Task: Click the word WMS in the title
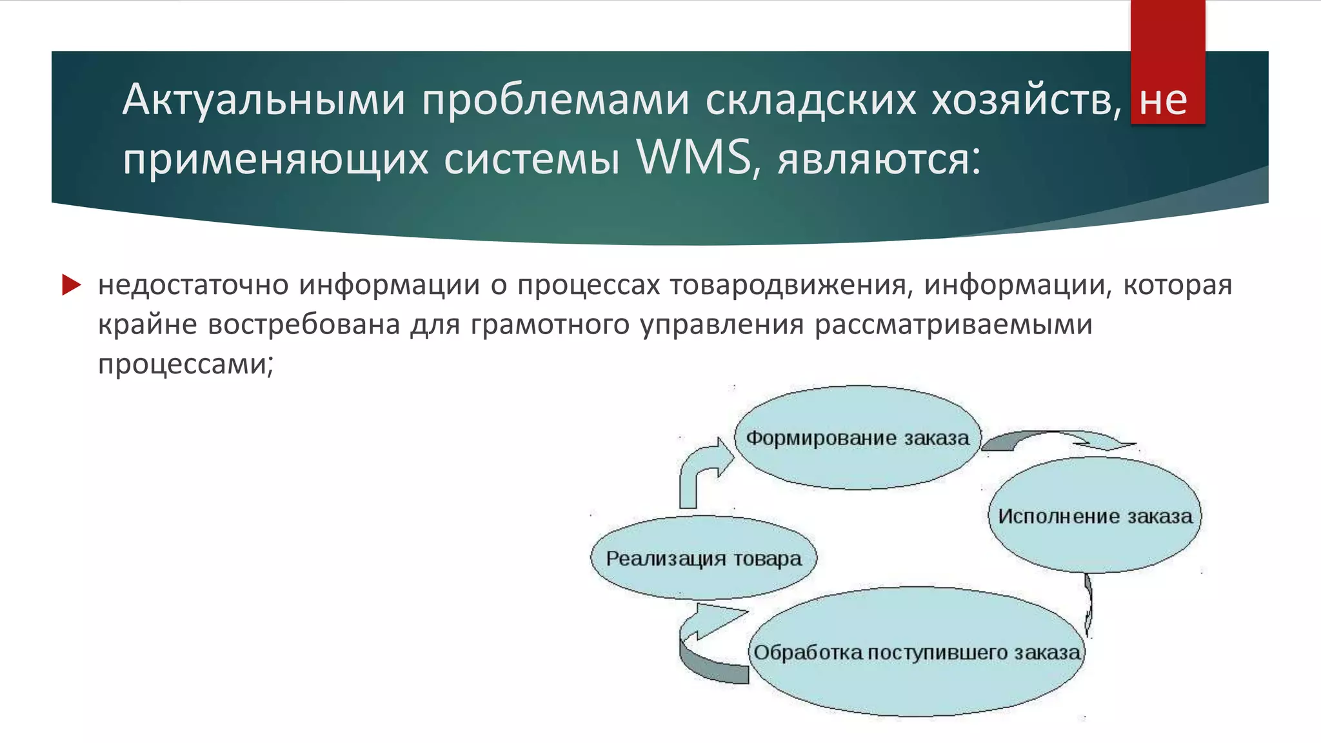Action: click(x=693, y=157)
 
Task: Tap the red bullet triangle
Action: click(x=71, y=284)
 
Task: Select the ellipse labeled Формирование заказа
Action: click(x=857, y=438)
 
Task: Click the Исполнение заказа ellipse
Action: click(x=1095, y=516)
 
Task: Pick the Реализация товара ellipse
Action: click(x=703, y=558)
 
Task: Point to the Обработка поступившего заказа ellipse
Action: click(x=917, y=653)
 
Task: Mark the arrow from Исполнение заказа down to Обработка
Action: click(x=1089, y=603)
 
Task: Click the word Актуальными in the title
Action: click(x=264, y=100)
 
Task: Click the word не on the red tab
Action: click(x=1163, y=100)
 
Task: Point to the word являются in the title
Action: click(x=878, y=158)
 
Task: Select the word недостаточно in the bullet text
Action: click(x=193, y=285)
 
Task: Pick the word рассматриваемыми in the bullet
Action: click(x=953, y=324)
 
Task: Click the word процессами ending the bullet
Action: click(x=185, y=364)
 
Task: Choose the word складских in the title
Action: click(x=810, y=100)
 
